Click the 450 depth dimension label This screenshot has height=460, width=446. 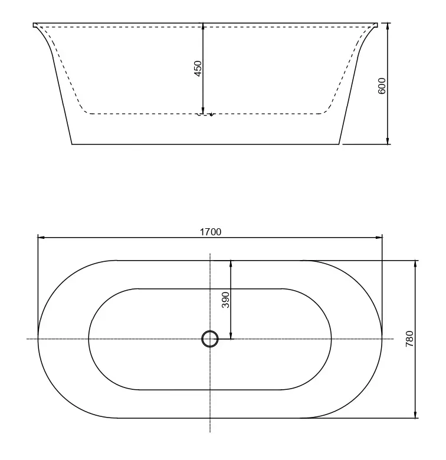coord(198,68)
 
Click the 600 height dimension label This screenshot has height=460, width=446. coord(382,86)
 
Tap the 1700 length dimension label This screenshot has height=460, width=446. coord(211,232)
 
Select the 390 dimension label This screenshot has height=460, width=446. coord(225,300)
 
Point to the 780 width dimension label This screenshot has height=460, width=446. coord(409,339)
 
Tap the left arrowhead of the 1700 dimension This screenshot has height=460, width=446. coord(41,237)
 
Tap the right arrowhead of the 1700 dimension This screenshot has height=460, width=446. coord(379,237)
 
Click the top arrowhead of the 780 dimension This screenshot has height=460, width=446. coord(415,264)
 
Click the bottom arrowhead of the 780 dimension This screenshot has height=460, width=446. coord(415,415)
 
